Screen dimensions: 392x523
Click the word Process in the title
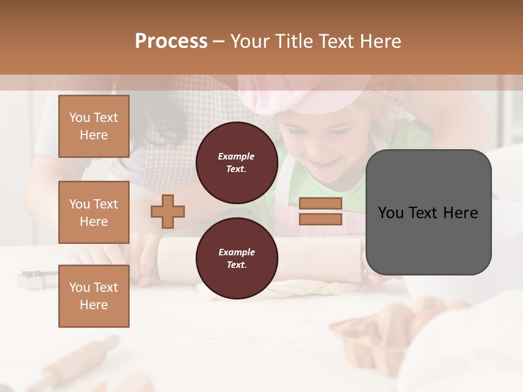171,41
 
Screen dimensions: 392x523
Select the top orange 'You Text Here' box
94,126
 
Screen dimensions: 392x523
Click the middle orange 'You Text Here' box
94,212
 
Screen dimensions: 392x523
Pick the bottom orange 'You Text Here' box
94,296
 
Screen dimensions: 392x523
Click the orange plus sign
168,211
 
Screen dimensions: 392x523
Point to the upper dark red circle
236,162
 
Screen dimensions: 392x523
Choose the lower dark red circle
236,258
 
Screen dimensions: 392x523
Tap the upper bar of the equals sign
320,204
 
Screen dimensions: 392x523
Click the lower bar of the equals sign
320,219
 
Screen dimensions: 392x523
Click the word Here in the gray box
460,213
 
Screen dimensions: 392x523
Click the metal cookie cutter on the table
30,279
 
